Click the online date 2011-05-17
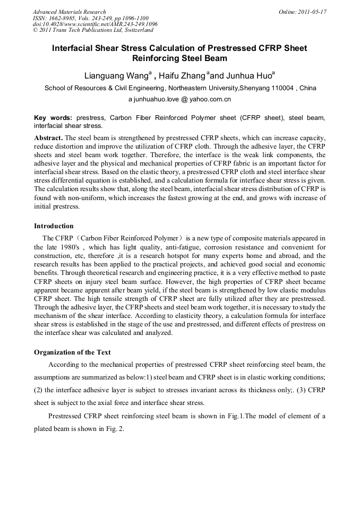pyautogui.click(x=310, y=12)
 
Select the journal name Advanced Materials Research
pyautogui.click(x=69, y=12)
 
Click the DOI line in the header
pyautogui.click(x=95, y=24)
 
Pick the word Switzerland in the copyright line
pyautogui.click(x=134, y=31)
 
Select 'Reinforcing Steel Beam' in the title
pyautogui.click(x=179, y=58)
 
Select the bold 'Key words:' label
pyautogui.click(x=53, y=117)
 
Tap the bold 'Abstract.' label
pyautogui.click(x=48, y=137)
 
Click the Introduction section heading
pyautogui.click(x=54, y=226)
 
